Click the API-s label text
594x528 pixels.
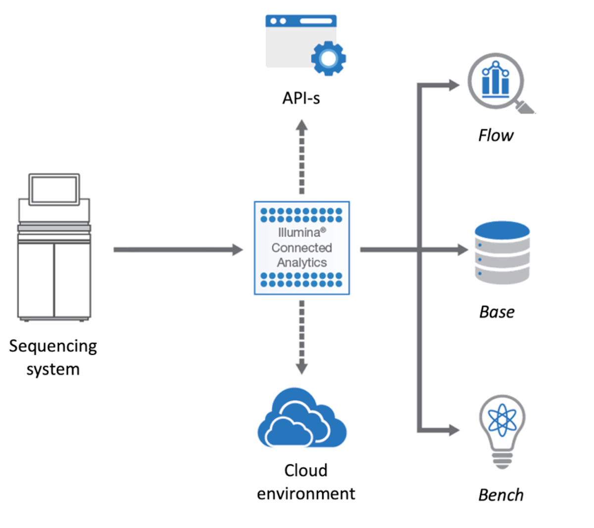coord(301,98)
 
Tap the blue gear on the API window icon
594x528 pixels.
coord(328,58)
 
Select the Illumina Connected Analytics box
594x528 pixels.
coord(301,248)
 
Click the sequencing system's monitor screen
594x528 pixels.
coord(54,189)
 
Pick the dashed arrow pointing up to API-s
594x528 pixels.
coord(302,156)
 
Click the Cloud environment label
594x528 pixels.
coord(306,481)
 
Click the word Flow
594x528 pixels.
coord(495,136)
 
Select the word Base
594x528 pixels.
coord(497,312)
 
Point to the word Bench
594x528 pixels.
coord(501,495)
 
